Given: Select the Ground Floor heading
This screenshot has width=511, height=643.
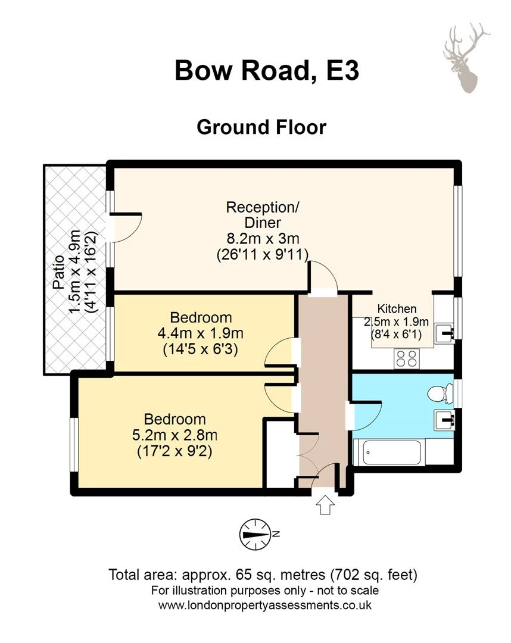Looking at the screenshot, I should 261,127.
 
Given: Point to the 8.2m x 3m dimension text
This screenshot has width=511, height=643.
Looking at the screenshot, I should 262,239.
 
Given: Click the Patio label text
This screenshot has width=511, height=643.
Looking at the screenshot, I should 58,275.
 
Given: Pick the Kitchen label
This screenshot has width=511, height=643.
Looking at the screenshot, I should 397,309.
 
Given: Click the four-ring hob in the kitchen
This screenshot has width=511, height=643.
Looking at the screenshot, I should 406,357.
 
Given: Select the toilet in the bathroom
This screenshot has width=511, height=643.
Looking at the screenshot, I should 440,393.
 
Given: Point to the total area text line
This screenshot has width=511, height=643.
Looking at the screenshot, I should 262,575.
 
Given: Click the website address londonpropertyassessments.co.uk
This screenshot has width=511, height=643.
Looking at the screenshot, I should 265,605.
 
